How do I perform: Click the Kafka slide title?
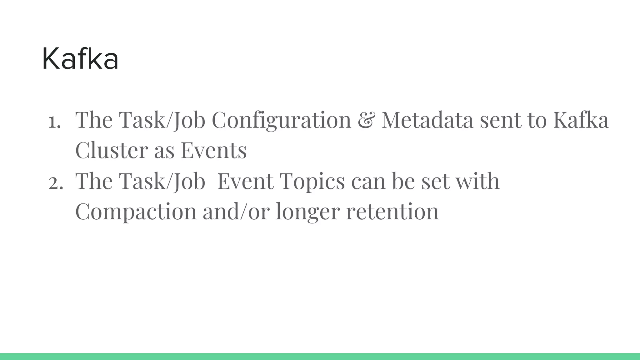(x=80, y=59)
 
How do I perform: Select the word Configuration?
(x=281, y=120)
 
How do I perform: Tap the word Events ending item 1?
(x=214, y=150)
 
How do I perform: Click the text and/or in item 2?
(x=236, y=212)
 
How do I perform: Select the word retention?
(x=392, y=212)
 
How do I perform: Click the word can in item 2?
(x=368, y=182)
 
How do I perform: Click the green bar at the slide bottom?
(x=320, y=357)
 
